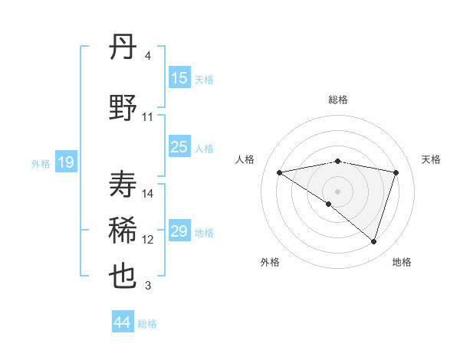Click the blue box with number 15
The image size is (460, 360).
pos(179,78)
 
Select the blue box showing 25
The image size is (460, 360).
pos(179,148)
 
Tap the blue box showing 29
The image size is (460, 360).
pos(179,231)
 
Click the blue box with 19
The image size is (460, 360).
pos(66,162)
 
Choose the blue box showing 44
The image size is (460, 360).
pos(123,322)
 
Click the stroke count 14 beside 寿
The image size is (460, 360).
pos(148,194)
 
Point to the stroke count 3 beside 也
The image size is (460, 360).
pos(148,286)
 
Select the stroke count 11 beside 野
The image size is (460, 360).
pos(148,117)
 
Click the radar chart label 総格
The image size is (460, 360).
pos(337,100)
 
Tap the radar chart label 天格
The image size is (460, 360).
pos(431,159)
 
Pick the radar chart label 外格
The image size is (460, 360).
pos(270,262)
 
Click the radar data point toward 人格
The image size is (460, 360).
pos(280,172)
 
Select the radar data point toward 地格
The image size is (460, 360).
pos(373,241)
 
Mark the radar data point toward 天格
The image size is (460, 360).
pos(396,172)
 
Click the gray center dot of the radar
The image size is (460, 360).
pos(337,191)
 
